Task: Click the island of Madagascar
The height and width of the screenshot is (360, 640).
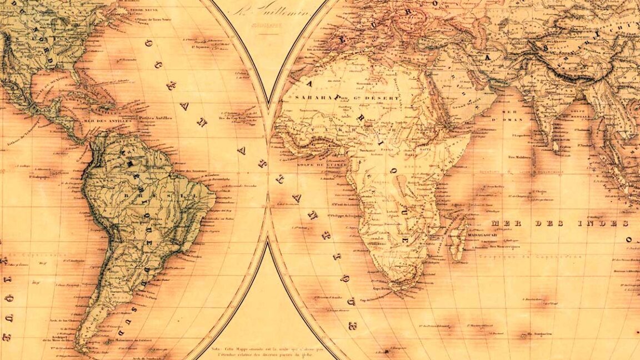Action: click(x=459, y=238)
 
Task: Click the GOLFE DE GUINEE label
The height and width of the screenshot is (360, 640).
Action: click(x=314, y=164)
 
